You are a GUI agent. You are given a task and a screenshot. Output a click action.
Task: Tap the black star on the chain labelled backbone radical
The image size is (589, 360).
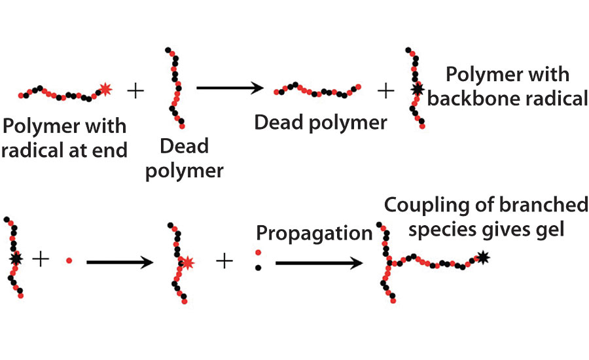click(x=414, y=89)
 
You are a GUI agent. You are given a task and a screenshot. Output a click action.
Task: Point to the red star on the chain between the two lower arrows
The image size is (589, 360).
click(x=187, y=262)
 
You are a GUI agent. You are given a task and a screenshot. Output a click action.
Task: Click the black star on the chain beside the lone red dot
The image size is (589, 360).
click(x=15, y=260)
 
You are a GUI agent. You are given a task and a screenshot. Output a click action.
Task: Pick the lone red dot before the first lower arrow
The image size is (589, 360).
click(x=69, y=261)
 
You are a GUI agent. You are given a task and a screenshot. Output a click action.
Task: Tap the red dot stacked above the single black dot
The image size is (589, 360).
click(x=257, y=252)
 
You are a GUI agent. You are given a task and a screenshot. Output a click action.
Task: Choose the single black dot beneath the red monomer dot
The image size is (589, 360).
click(x=257, y=268)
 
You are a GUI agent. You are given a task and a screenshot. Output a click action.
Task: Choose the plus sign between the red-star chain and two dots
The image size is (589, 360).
click(x=224, y=261)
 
